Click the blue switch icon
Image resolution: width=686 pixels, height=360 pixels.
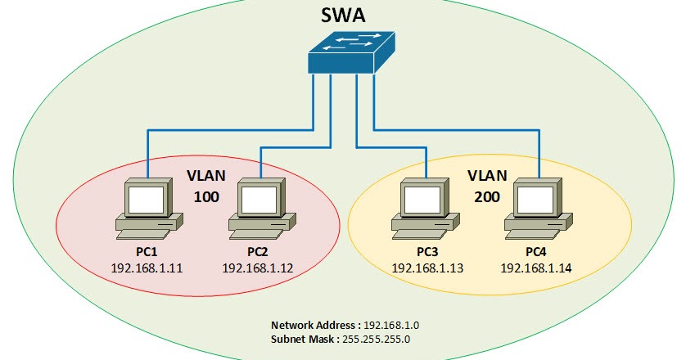pyautogui.click(x=350, y=55)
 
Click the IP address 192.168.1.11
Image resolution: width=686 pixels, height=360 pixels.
pyautogui.click(x=147, y=268)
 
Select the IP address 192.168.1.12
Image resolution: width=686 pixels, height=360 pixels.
pyautogui.click(x=259, y=268)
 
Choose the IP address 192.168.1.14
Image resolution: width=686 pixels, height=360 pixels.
pyautogui.click(x=536, y=268)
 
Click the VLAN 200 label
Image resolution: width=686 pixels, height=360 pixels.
pyautogui.click(x=487, y=187)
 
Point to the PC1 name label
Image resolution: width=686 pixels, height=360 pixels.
pyautogui.click(x=147, y=252)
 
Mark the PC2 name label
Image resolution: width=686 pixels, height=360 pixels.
pyautogui.click(x=259, y=252)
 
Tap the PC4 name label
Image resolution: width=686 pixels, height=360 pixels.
pyautogui.click(x=536, y=252)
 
